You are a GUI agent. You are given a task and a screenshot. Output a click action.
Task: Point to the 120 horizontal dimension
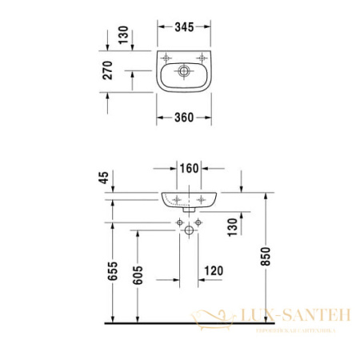(x=214, y=270)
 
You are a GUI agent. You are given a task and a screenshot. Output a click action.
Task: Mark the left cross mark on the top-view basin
(x=165, y=58)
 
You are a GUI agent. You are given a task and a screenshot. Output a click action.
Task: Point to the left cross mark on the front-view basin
(x=176, y=198)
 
